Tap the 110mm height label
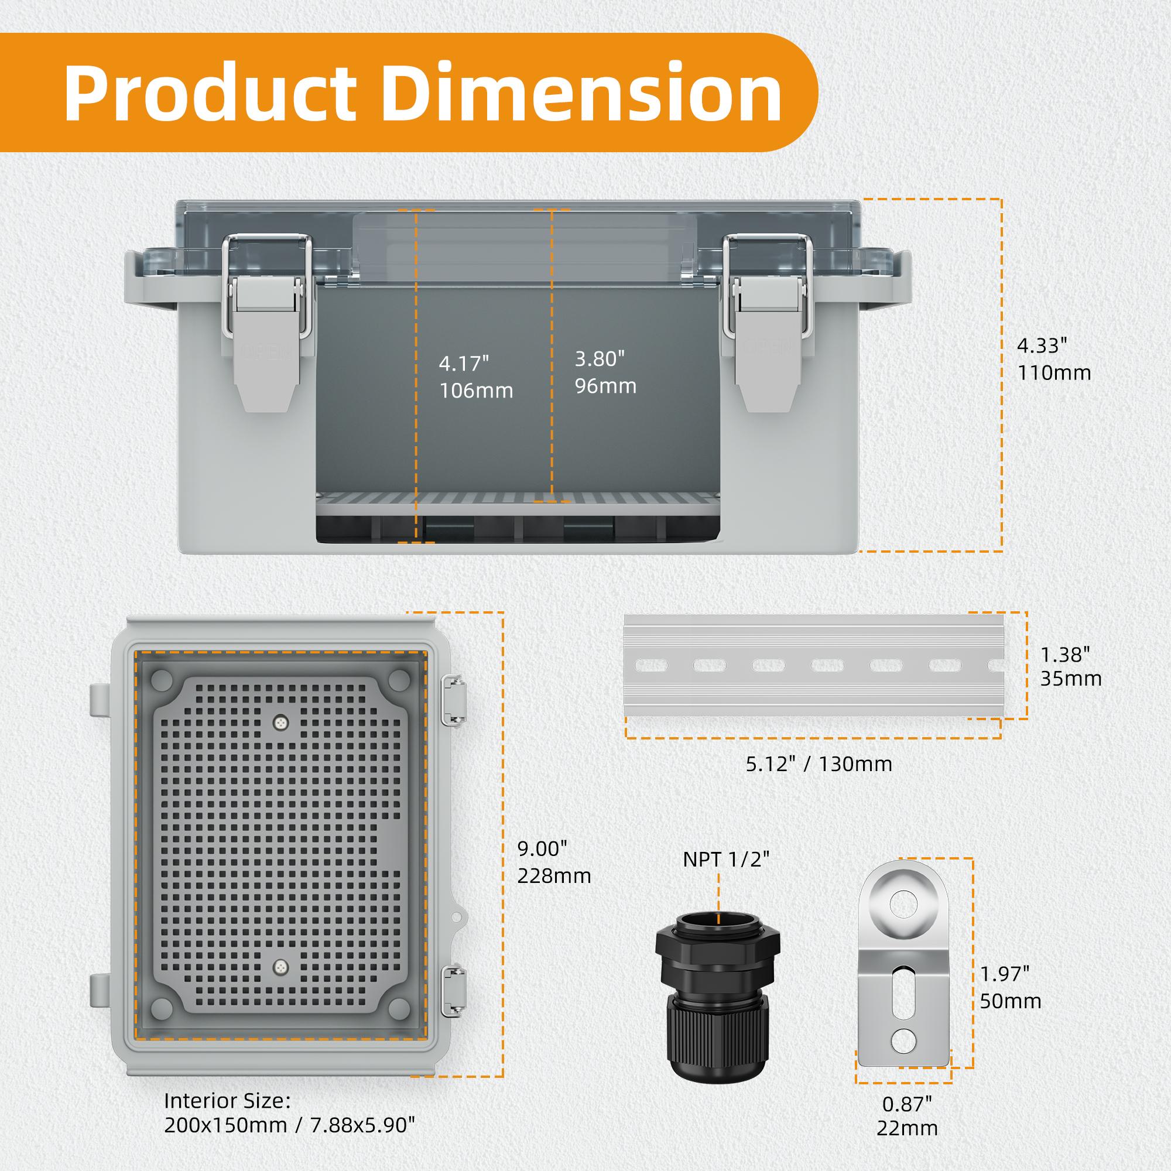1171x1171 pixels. click(x=1054, y=372)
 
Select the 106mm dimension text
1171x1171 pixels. click(x=477, y=391)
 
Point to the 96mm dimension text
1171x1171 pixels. click(x=605, y=385)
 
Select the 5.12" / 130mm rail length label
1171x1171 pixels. click(x=819, y=763)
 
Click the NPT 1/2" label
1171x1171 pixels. click(x=725, y=860)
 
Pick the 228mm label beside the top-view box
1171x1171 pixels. click(x=554, y=876)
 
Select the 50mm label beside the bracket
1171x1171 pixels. click(x=1011, y=1018)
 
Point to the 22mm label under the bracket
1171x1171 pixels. click(x=907, y=1128)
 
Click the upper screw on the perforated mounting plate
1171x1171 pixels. click(x=279, y=721)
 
